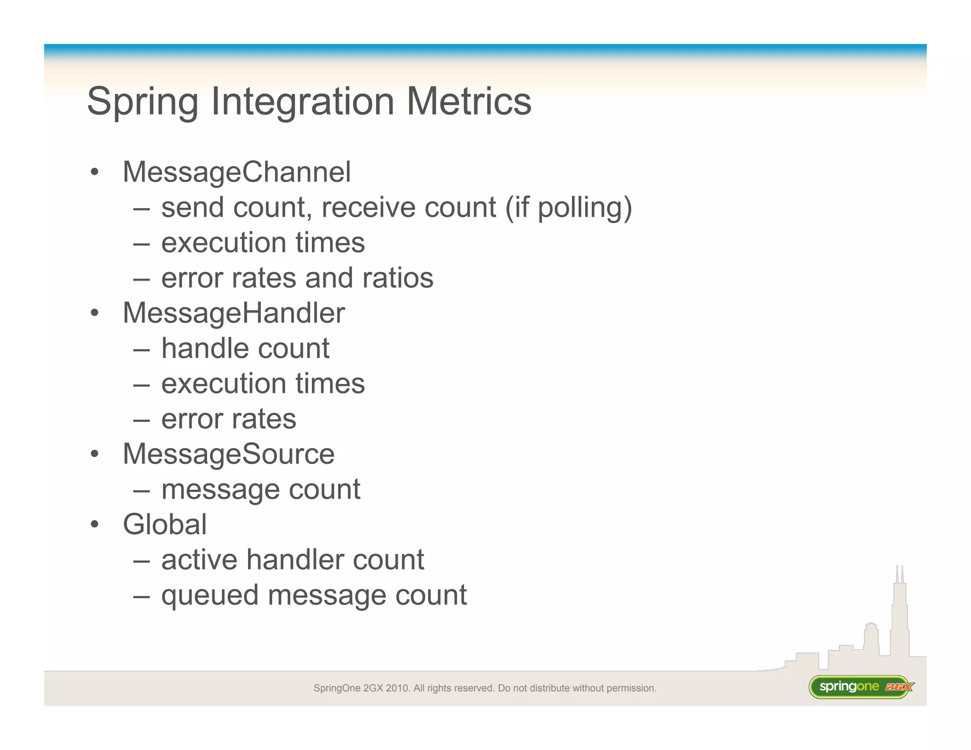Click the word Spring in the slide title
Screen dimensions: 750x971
tap(142, 102)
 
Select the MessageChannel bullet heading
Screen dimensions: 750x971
tap(237, 172)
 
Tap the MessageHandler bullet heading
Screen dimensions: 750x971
tap(234, 313)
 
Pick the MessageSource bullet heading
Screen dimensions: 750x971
tap(229, 454)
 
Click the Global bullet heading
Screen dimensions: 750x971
tap(165, 524)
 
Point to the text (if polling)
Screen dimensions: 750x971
tap(568, 208)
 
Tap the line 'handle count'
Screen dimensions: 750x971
tap(245, 348)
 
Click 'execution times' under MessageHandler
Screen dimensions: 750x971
tap(263, 384)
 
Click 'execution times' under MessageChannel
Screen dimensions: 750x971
tap(263, 243)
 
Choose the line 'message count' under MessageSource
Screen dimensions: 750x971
tap(261, 489)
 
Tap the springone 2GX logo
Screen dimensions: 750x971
tap(861, 687)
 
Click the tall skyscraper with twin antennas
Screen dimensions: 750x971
tap(899, 616)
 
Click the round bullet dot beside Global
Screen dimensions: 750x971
tap(95, 524)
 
